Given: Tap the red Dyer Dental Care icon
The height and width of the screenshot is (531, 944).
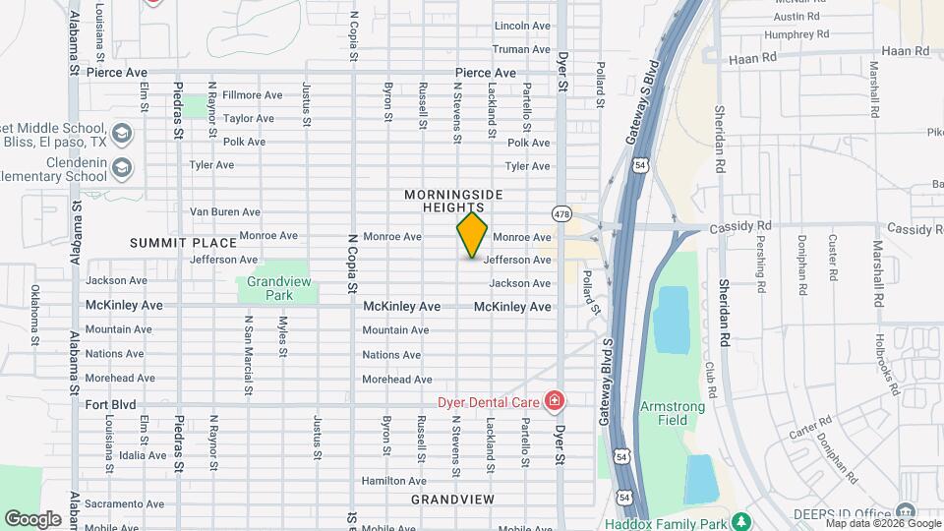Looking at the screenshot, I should pos(555,401).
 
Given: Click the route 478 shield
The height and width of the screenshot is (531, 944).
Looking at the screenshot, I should pos(561,213).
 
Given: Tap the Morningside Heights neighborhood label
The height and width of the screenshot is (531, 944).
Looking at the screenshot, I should pos(444,202).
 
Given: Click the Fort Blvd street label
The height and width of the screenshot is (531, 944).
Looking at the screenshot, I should pos(110,404).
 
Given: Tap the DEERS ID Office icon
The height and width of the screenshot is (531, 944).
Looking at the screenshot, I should pos(905,512).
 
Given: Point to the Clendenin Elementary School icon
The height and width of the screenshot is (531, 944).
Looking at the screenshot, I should pos(121,166).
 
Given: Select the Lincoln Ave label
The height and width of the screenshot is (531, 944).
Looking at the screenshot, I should pos(522,26).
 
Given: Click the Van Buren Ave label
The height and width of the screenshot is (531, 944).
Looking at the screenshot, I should pos(224,211).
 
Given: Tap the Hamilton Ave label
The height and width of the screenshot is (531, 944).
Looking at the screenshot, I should pos(393,481).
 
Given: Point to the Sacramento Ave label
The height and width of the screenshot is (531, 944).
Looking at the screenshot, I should pos(116,503).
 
